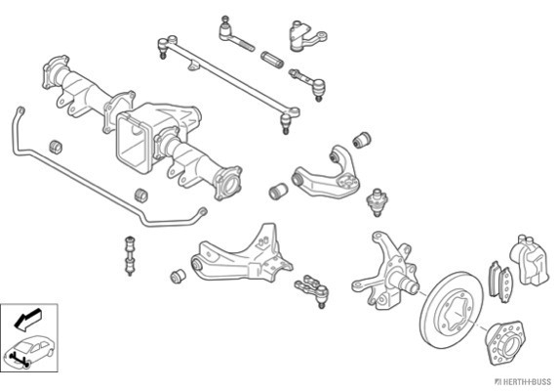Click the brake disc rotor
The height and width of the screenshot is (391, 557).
[451, 310]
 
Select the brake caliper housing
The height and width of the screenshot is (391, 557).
[530, 260]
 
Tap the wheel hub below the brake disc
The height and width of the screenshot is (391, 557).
[504, 342]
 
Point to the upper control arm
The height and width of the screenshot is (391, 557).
[326, 175]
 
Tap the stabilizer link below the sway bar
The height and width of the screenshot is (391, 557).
[130, 255]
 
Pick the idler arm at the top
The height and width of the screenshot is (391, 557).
[306, 35]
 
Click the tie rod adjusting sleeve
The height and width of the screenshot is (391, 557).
[272, 59]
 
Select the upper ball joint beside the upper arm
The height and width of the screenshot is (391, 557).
[378, 202]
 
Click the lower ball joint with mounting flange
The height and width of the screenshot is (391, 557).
[312, 288]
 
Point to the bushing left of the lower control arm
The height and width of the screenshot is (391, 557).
[178, 277]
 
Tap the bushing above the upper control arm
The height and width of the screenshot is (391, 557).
[362, 139]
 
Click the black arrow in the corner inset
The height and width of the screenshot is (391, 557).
[27, 319]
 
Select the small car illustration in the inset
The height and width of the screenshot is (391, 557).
[28, 350]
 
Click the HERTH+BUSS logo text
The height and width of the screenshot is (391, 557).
[523, 382]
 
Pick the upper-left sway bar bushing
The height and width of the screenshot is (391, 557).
[55, 147]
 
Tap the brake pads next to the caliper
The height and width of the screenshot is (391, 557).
[500, 282]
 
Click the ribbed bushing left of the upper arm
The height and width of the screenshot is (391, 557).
[278, 192]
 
